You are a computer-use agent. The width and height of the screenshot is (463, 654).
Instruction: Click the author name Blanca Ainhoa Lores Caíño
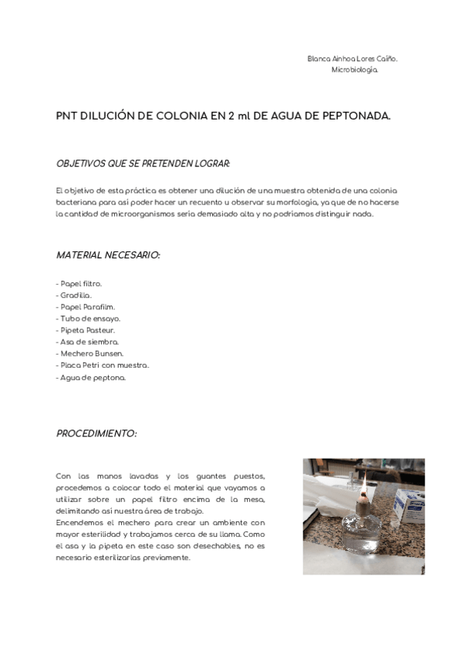point(352,59)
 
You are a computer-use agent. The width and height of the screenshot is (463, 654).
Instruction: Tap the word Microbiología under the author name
point(354,69)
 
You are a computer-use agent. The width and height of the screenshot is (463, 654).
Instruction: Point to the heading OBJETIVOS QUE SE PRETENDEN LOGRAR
point(144,163)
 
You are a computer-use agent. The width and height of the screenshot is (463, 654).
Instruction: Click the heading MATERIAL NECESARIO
point(108,255)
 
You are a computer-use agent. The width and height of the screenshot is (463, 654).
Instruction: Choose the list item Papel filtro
point(79,284)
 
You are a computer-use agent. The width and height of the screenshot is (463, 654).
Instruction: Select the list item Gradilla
point(74,295)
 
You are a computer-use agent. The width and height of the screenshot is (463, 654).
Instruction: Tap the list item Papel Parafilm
point(85,307)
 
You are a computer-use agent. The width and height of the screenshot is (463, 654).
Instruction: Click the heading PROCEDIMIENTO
point(96,434)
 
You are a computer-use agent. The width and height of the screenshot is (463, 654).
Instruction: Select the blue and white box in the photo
point(409,502)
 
